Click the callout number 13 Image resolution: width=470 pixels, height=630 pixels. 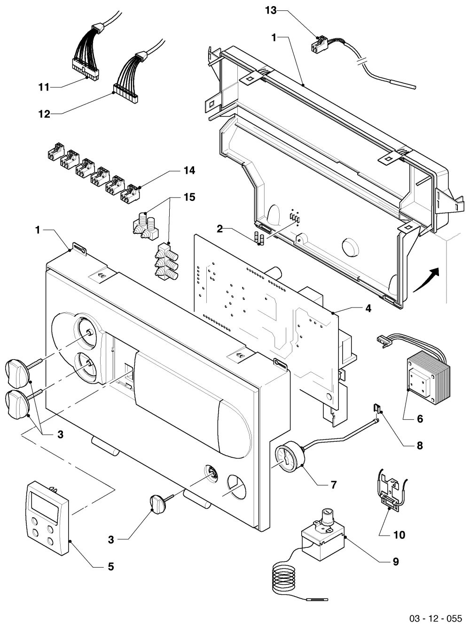click(x=271, y=10)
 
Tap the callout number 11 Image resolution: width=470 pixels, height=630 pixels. click(x=44, y=87)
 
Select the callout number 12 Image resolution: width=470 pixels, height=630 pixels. click(x=44, y=114)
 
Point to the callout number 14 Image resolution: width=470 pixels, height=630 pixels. click(x=189, y=170)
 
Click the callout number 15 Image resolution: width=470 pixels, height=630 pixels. click(x=190, y=197)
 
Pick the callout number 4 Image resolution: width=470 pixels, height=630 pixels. click(x=368, y=308)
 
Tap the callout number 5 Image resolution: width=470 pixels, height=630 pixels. click(x=110, y=567)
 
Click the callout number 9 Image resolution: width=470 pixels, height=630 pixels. click(x=396, y=561)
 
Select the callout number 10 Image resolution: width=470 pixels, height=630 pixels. click(x=399, y=535)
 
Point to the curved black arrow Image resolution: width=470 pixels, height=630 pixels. click(x=427, y=280)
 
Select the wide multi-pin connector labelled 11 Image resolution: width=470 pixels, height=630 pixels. click(x=85, y=69)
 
